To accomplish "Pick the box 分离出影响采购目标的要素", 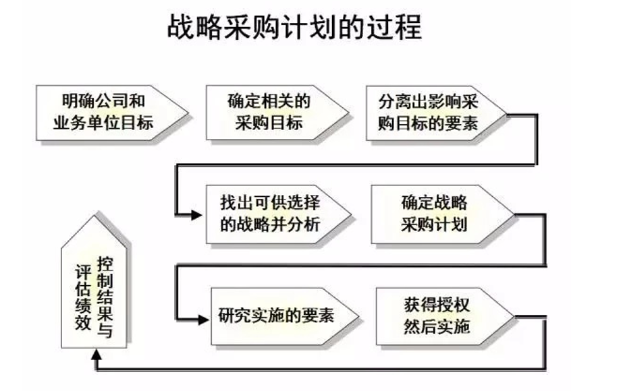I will (432, 112).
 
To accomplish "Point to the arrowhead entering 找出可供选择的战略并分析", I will (196, 215).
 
